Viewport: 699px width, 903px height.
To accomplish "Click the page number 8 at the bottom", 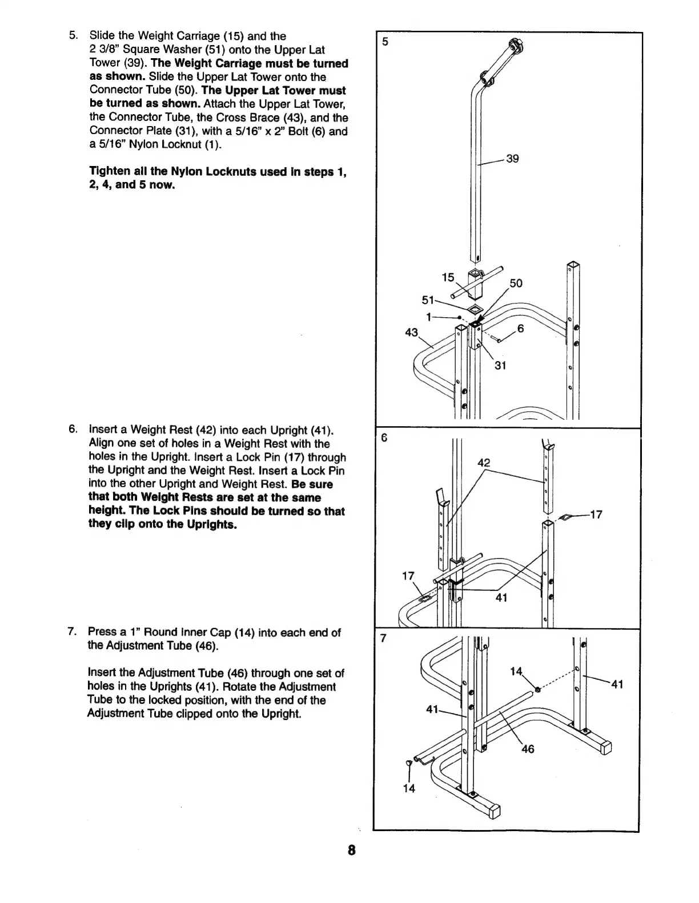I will [x=351, y=851].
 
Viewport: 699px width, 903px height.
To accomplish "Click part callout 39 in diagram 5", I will [x=512, y=159].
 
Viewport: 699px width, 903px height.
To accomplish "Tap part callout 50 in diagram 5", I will [x=516, y=284].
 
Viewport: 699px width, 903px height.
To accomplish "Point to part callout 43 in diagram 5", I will [x=411, y=332].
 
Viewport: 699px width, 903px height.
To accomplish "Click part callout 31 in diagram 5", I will [x=500, y=365].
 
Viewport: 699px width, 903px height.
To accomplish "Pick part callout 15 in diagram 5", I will [x=448, y=277].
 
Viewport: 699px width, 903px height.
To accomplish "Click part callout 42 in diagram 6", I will [x=483, y=463].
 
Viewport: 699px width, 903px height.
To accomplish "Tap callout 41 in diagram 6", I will [x=500, y=597].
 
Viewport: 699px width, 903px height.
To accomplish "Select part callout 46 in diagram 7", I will [x=528, y=749].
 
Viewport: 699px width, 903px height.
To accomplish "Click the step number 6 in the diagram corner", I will [x=384, y=438].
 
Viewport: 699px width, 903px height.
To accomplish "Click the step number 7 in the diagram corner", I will [x=384, y=638].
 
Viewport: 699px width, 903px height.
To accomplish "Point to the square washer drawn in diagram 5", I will [x=473, y=309].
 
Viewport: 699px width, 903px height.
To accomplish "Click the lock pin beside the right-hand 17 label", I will [x=565, y=517].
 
